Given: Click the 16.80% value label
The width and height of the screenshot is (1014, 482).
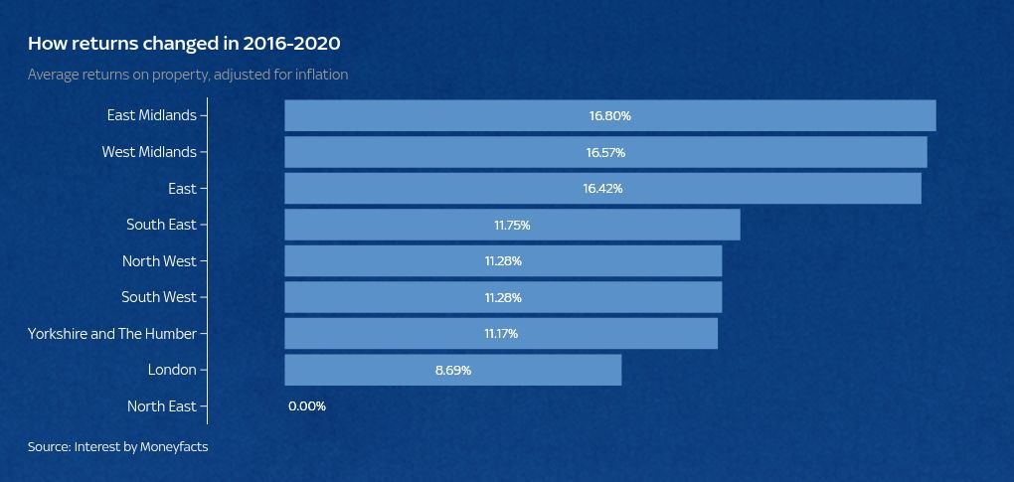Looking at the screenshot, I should point(609,115).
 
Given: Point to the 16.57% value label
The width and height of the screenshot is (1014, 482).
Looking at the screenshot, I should point(605,152).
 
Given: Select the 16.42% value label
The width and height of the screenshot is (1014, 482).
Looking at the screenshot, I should point(602,189).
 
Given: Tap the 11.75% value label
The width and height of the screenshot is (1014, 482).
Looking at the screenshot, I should point(512,226).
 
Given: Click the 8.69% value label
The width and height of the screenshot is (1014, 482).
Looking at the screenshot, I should point(452,370).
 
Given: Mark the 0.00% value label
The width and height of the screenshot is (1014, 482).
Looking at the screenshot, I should point(307,406).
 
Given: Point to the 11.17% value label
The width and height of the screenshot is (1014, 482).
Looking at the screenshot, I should point(501,334).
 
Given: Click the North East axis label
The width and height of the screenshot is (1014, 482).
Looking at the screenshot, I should point(162,406).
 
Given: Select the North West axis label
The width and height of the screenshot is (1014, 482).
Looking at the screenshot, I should point(159,261).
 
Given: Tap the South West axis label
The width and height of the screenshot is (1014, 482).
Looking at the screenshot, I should point(159,297).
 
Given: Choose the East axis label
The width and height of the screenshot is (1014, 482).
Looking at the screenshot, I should point(182,189).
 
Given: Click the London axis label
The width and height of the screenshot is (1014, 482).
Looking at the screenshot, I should point(172,370).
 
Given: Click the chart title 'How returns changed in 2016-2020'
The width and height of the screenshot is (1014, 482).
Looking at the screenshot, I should point(184,44).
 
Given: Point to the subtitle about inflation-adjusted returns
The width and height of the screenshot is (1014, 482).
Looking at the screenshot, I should point(188,75).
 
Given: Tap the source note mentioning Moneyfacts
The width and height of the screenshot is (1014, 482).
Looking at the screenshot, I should point(117,447).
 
